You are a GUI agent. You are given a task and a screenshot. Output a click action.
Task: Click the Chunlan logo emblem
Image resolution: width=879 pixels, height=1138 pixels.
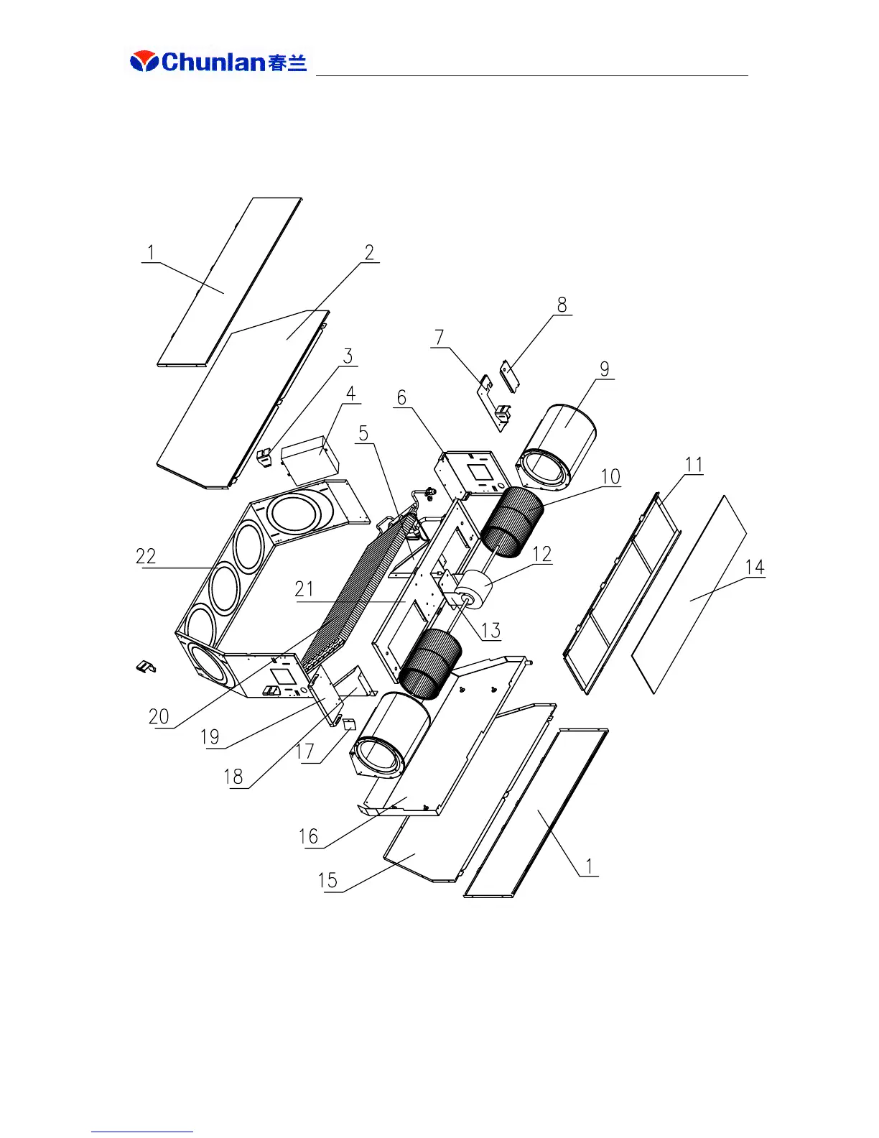144,62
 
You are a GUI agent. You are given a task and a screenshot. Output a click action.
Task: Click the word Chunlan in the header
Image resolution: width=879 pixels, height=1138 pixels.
214,62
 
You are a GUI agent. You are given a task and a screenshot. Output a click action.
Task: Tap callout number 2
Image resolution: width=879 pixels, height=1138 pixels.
369,252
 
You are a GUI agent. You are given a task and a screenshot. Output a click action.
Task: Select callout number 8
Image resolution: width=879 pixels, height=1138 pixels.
562,305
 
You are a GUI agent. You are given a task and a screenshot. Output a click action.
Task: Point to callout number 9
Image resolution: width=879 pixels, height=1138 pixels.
605,369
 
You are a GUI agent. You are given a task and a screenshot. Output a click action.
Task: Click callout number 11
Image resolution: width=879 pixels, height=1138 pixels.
694,465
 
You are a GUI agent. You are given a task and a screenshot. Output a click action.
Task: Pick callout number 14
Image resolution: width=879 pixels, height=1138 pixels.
754,568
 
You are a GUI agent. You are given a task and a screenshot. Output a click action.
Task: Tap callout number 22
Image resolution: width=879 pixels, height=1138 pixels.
146,556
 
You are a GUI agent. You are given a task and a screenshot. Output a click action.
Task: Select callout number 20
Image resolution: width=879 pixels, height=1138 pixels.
159,716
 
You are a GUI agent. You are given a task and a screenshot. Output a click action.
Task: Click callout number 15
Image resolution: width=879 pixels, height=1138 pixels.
327,880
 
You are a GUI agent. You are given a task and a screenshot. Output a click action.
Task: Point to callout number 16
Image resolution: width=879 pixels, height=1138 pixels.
308,836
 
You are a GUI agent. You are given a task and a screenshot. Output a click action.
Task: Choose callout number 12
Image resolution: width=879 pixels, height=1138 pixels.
542,554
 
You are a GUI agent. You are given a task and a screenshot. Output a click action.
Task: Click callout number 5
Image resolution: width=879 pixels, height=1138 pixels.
363,433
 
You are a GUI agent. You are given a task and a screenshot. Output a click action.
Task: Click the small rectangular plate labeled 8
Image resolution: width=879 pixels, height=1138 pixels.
509,376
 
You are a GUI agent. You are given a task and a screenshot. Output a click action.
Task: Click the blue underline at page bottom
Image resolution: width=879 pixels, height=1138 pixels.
141,1132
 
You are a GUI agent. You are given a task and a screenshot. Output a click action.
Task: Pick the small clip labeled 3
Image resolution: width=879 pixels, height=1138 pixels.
265,458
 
